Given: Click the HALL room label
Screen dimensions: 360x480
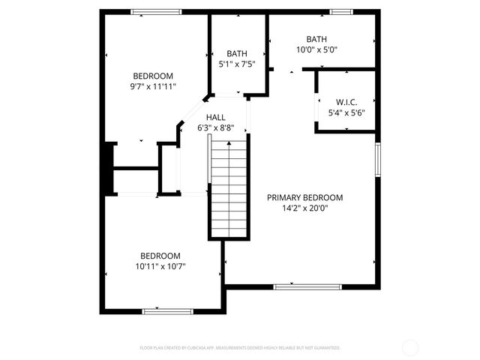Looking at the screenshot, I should pos(216,117).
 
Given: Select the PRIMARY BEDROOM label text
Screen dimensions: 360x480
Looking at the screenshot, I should pos(305,198).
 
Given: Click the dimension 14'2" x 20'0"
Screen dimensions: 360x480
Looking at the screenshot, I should pos(305,208).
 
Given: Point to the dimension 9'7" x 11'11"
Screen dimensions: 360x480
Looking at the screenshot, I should pos(153,86).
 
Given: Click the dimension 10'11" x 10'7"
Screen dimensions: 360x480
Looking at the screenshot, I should pos(160,265).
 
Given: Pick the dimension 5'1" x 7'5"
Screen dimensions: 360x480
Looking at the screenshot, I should pos(237,64).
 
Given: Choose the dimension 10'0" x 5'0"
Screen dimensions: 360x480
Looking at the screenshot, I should pos(316,49).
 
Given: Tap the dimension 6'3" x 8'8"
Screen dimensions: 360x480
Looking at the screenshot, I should pos(216,127).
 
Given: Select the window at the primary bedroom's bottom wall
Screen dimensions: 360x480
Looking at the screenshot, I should pos(307,286).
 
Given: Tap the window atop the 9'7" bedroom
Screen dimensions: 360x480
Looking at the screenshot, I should pos(156,11).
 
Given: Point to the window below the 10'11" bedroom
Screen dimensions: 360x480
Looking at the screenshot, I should pos(168,310).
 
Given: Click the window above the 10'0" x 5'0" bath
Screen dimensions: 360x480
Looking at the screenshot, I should pos(342,11).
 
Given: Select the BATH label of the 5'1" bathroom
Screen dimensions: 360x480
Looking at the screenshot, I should pos(237,53).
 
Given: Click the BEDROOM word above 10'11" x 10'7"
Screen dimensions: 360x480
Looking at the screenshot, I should pos(160,255).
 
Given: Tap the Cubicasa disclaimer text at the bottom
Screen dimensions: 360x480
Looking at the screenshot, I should pos(240,348).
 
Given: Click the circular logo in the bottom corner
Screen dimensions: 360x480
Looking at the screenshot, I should pos(410,347).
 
